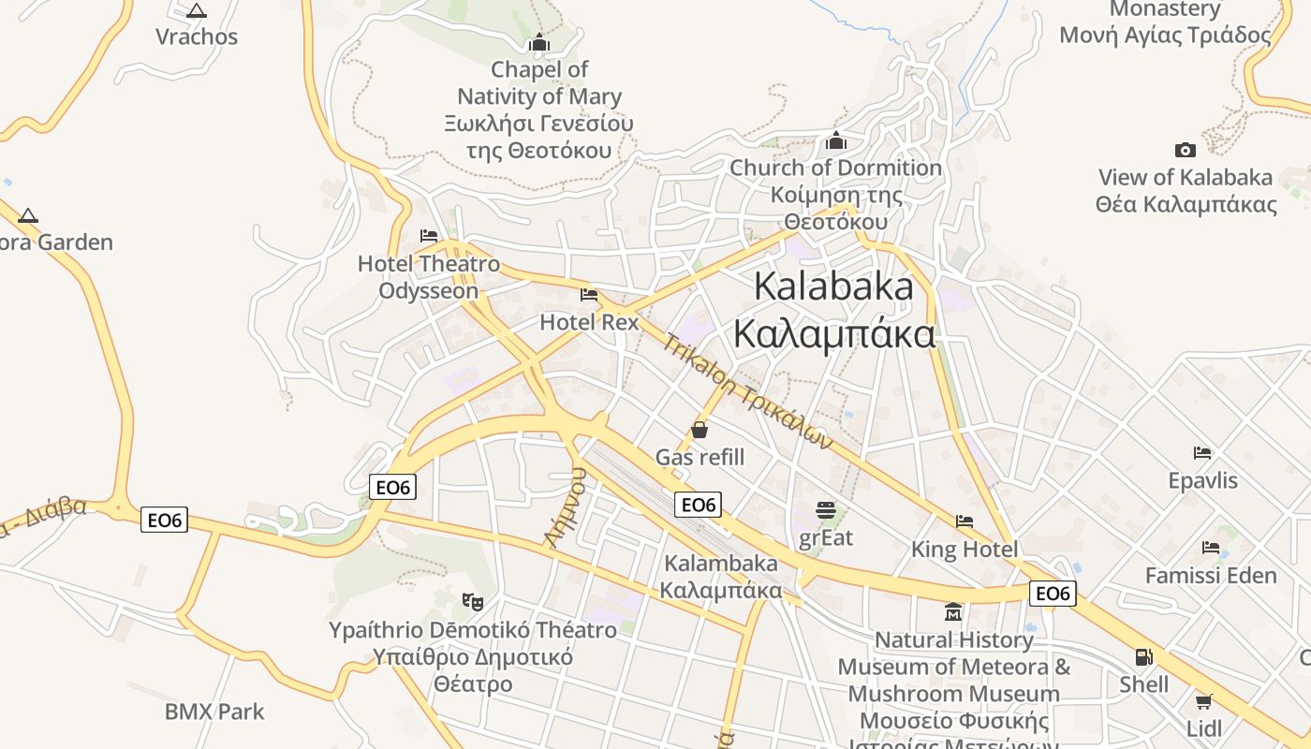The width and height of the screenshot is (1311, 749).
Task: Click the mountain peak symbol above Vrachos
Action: tap(196, 11)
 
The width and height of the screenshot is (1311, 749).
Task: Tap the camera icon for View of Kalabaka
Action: tap(1185, 150)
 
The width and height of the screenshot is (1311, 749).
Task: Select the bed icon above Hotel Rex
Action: tap(589, 295)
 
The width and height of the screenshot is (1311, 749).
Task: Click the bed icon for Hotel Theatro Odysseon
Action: tap(429, 236)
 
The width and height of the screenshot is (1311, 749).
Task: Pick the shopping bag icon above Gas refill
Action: tap(699, 430)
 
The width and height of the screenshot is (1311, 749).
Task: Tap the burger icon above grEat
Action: tap(825, 510)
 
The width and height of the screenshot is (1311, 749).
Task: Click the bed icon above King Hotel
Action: tap(965, 521)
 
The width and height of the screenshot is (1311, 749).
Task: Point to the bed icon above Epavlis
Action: tap(1202, 453)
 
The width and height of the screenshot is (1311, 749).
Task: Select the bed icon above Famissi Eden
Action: tap(1211, 548)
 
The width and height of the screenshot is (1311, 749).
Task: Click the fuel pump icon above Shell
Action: tap(1143, 657)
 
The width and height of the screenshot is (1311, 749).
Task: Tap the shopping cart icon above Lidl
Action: tap(1203, 701)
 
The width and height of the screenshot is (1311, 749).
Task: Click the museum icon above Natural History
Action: tap(953, 612)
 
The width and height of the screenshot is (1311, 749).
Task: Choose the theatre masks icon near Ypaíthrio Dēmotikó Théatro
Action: tap(473, 601)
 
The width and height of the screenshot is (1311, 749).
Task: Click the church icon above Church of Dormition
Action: tap(835, 141)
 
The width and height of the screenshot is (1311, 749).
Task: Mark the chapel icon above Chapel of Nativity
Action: tap(538, 42)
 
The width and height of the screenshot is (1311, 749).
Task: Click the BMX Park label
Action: tap(214, 712)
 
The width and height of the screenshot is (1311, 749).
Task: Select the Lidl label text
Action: tap(1203, 728)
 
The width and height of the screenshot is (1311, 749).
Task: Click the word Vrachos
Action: tap(197, 37)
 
